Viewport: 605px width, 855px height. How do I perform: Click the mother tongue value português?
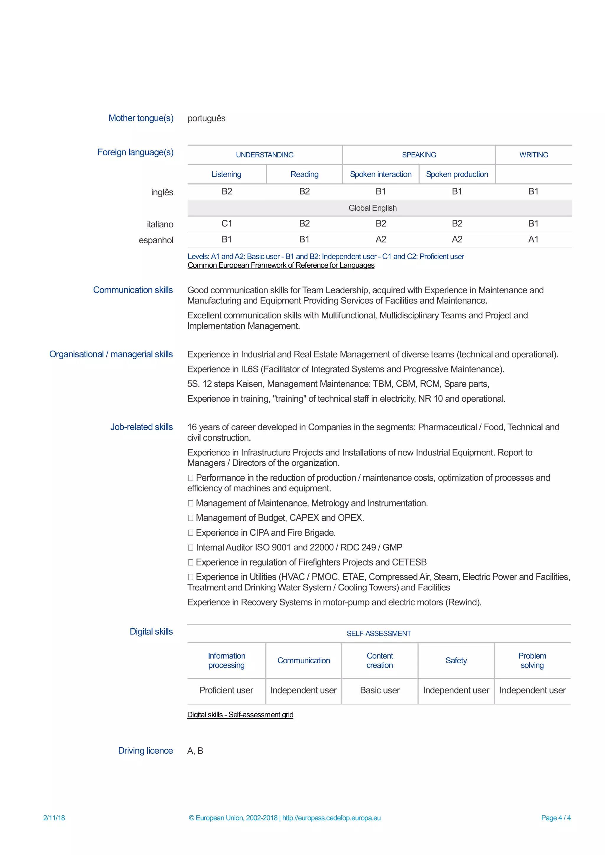pos(206,118)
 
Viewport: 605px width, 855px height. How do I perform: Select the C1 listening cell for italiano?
pos(227,224)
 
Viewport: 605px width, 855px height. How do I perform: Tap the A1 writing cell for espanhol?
pos(533,240)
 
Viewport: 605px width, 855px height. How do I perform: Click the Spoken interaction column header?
pos(380,174)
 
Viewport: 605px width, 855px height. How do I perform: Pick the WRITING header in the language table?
pos(534,155)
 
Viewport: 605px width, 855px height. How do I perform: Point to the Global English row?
pos(373,208)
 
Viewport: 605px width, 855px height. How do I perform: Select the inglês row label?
pos(162,192)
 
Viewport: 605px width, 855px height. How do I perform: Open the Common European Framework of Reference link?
pos(281,266)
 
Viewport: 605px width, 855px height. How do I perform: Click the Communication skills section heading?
pos(133,290)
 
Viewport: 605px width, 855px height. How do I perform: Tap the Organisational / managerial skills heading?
pos(111,354)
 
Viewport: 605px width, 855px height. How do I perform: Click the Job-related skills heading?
pos(142,427)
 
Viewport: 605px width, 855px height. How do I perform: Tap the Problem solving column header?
pos(532,661)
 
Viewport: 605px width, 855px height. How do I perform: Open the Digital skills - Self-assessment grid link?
pos(240,715)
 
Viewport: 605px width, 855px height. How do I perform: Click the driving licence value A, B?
pos(195,751)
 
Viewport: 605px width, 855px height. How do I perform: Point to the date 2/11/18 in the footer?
pos(54,818)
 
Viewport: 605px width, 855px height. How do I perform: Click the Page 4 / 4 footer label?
pos(555,818)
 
